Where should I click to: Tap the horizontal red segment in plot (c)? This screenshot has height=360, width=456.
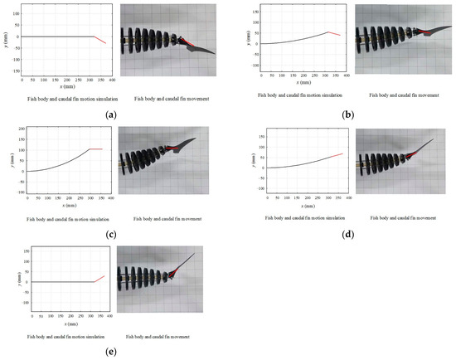click(95, 149)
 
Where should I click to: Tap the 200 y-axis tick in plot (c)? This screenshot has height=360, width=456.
click(22, 129)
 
